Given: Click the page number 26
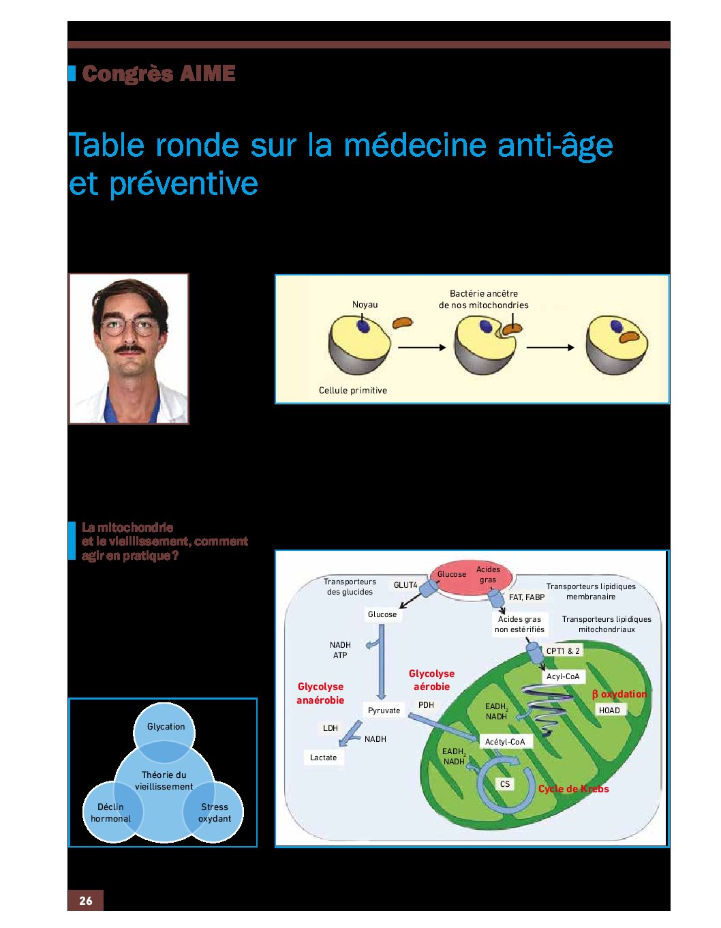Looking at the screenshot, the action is coord(85,901).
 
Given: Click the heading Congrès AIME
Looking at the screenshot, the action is coord(158,74).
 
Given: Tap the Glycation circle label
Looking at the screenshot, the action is coord(166,726).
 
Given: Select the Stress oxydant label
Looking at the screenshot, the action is coord(214,813).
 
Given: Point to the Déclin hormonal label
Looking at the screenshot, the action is coord(110,813).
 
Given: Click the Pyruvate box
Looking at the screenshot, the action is coord(384,710).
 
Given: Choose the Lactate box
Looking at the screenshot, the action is coord(324,758).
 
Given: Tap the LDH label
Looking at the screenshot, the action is coord(331,728).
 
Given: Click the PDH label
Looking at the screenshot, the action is coord(426,705).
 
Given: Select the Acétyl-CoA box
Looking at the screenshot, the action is coord(505,742).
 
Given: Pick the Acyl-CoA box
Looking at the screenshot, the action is coord(563,676).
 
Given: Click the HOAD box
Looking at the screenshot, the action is coord(609,710).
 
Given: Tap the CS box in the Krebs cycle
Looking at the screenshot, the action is coord(505,784).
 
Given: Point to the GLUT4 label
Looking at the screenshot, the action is coord(405,585).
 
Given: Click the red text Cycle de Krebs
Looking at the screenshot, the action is coord(573,789).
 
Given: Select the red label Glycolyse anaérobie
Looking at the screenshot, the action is coord(320,693).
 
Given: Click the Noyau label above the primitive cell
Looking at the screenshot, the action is coord(365,305).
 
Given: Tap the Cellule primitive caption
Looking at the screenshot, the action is coord(353,390).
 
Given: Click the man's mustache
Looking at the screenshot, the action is coord(130,349).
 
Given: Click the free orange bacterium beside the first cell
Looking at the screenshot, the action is coord(402,323).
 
